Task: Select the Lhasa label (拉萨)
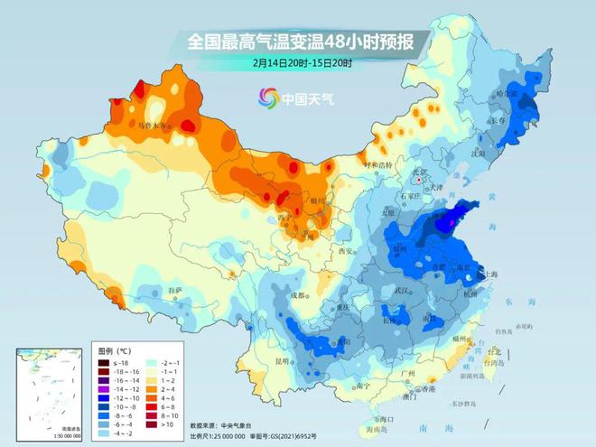tap(176, 290)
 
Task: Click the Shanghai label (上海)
tap(491, 274)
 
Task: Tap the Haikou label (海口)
tap(387, 420)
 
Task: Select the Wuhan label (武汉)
tap(404, 290)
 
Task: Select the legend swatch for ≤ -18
tap(106, 363)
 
